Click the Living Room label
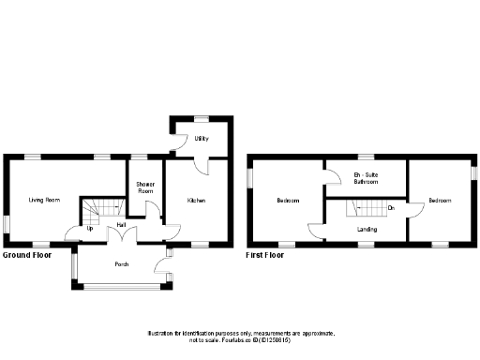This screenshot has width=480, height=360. tap(44, 200)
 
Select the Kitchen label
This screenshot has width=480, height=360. tap(196, 201)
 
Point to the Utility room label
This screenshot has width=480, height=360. tap(201, 140)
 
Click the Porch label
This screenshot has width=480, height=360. tap(122, 263)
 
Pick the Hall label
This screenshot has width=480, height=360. tap(122, 225)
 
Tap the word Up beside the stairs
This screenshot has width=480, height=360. tap(90, 228)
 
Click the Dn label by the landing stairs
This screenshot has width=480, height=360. tap(390, 206)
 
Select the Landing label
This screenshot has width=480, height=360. tap(367, 228)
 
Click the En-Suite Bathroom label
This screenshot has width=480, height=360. tap(366, 178)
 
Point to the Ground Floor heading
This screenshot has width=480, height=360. tap(25, 254)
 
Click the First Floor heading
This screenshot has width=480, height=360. tap(265, 254)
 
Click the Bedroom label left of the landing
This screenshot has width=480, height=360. tap(287, 201)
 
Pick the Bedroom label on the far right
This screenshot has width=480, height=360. tap(440, 201)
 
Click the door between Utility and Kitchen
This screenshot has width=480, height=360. tap(200, 165)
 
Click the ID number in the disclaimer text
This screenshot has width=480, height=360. tap(310, 338)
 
